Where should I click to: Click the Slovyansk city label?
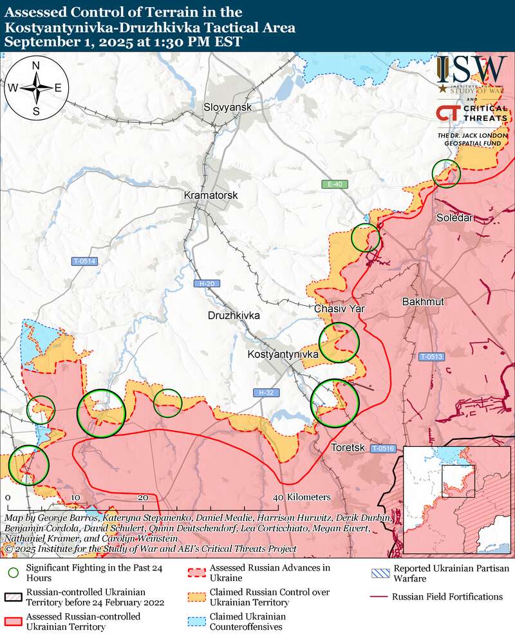coord(227,107)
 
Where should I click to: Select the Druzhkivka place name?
coord(234,316)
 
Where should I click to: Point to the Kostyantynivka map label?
coord(284,355)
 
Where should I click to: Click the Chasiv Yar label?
coord(339,309)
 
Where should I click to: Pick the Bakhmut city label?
coord(422,301)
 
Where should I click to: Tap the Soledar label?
coord(455,218)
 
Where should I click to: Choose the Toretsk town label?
coord(348,448)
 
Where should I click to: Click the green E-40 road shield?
coord(335,185)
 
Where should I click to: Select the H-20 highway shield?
coord(206,283)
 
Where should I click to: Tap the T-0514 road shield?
coord(84,261)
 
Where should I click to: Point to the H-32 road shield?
coord(265,392)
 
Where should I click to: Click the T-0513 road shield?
coord(431,357)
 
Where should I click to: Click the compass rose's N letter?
coord(36,66)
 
